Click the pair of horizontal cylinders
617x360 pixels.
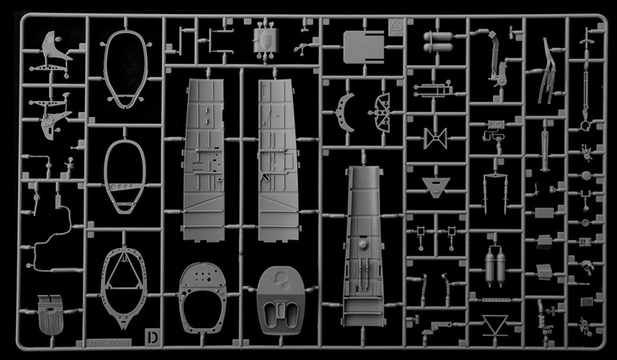click(436, 42)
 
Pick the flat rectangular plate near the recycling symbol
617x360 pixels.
click(363, 45)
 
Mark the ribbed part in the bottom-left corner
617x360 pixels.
click(50, 314)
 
